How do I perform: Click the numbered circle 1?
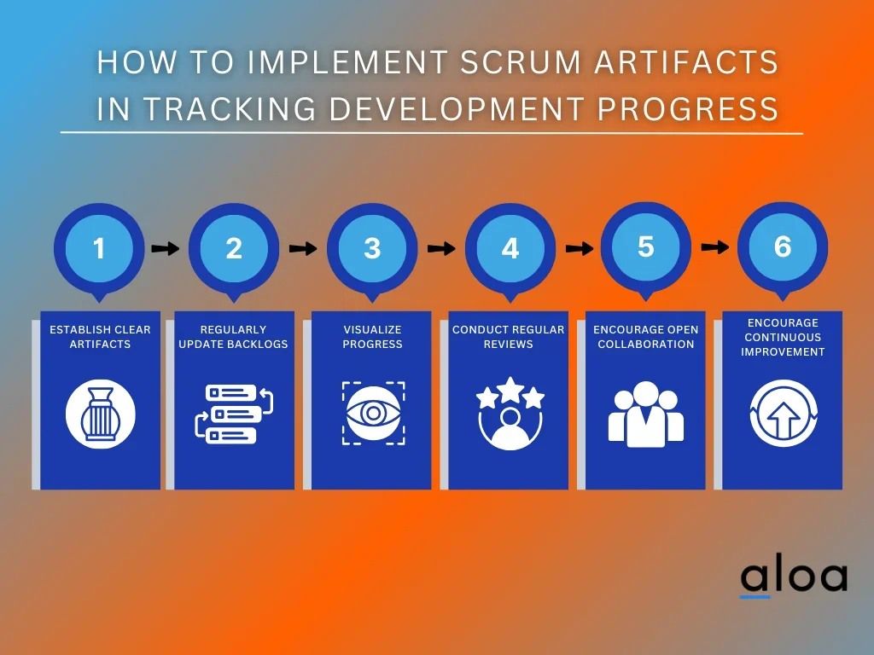(x=99, y=248)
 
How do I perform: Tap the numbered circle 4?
(x=510, y=248)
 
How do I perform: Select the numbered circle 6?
(x=783, y=246)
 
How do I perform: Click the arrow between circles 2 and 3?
(x=303, y=248)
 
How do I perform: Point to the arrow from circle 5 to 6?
(x=714, y=246)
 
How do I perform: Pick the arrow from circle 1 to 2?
(x=166, y=248)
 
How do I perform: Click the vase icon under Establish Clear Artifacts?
(x=101, y=414)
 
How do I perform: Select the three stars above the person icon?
(x=510, y=392)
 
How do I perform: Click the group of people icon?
(x=645, y=414)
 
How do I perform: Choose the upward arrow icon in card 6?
(x=784, y=414)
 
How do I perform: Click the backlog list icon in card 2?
(x=234, y=414)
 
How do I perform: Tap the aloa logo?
(x=795, y=579)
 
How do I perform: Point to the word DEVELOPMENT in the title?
(x=457, y=108)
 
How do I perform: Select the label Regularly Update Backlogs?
(x=233, y=337)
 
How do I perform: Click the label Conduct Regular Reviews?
(x=509, y=337)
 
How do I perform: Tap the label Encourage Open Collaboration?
(x=645, y=337)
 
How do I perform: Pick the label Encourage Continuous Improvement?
(x=783, y=337)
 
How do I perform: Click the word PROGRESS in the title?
(x=688, y=108)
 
